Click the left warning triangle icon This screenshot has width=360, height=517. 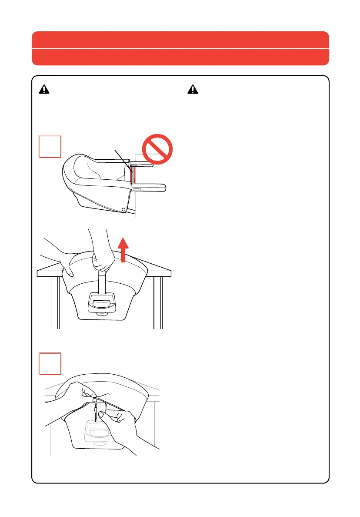point(44,90)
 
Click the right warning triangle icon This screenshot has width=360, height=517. point(192,90)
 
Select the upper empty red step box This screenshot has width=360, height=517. point(49,146)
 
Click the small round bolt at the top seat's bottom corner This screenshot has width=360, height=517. point(124,210)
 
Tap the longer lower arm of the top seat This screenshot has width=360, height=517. point(150,188)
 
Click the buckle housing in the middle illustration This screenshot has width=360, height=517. point(101,301)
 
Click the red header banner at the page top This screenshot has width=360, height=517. point(180,48)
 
